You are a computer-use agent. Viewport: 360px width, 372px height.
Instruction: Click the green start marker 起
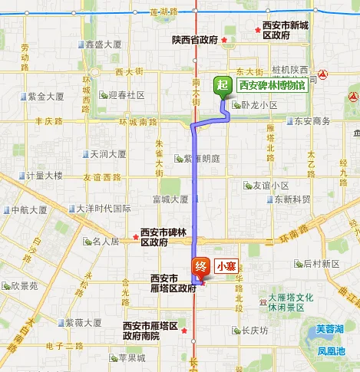click(222, 86)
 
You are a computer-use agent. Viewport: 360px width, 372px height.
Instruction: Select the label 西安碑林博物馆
click(272, 86)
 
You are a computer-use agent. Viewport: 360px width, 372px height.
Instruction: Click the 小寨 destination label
click(226, 267)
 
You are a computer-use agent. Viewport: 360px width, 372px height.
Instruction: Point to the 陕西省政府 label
click(195, 40)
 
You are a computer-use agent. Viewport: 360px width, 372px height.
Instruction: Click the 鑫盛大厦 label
click(104, 44)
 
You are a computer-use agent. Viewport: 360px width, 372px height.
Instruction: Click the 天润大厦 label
click(108, 153)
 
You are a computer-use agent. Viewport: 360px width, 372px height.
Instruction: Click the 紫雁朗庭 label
click(202, 158)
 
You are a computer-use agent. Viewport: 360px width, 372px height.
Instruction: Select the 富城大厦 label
click(170, 199)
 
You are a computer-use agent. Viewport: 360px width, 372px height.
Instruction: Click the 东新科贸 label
click(292, 199)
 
